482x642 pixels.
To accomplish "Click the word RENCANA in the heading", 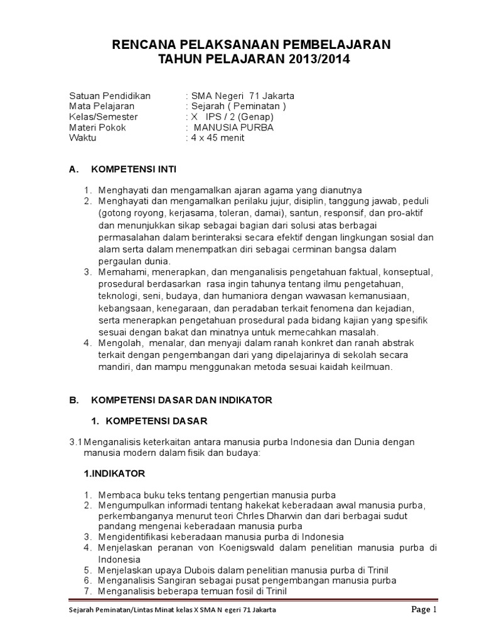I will (x=139, y=45).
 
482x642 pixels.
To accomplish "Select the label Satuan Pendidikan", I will (x=110, y=96).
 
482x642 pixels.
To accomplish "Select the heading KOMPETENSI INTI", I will (x=134, y=169).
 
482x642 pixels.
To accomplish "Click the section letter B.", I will (x=72, y=399).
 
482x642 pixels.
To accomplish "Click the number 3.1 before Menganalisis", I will (x=76, y=442).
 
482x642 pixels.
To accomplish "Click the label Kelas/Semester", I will (x=103, y=117).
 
